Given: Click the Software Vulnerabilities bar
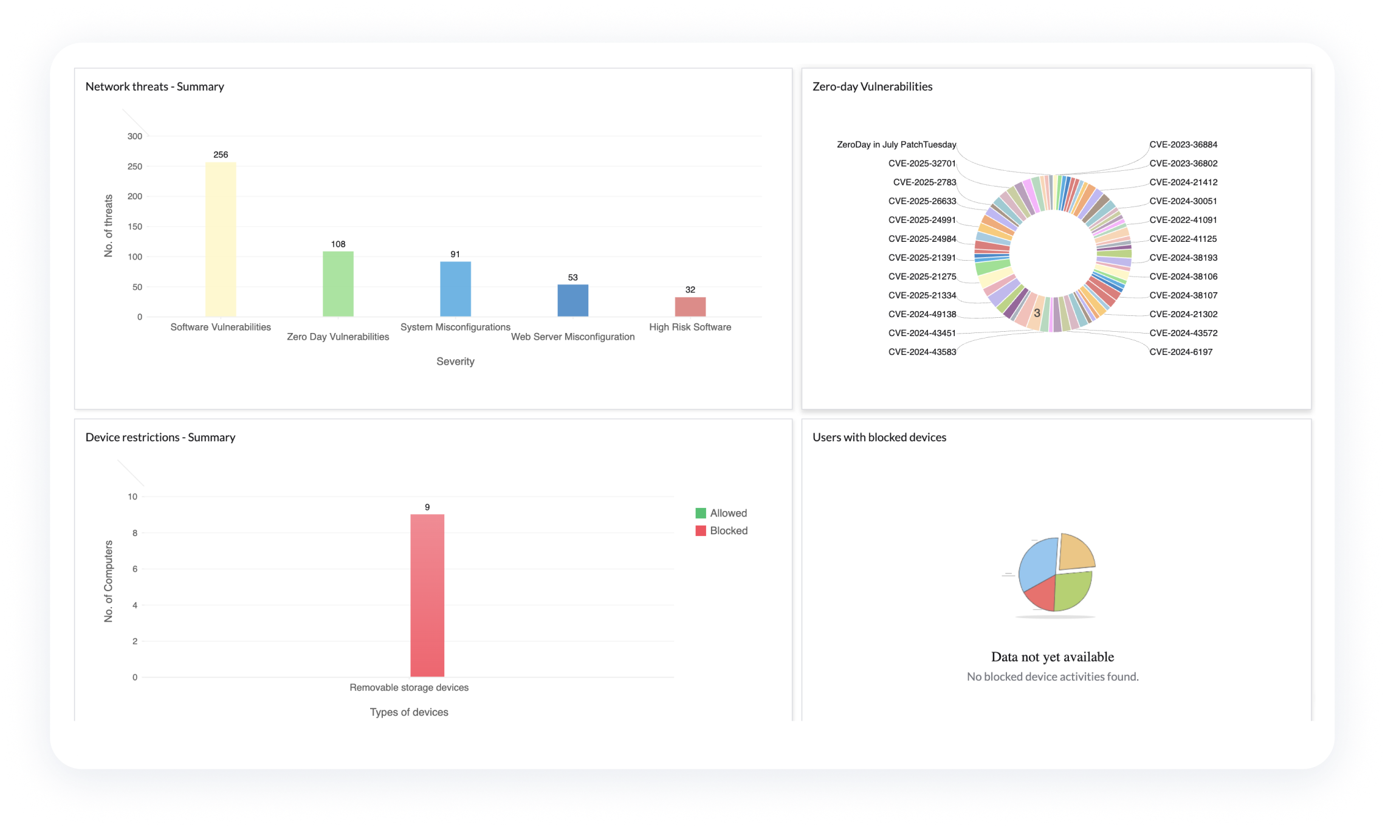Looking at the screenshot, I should point(221,239).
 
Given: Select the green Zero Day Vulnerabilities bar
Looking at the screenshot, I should point(338,284).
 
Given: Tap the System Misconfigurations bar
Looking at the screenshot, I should point(455,289).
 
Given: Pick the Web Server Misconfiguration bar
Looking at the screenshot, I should point(572,300).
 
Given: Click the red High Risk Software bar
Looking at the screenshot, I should point(690,306).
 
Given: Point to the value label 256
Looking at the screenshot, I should point(221,155).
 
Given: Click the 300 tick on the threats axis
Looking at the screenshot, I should point(135,136).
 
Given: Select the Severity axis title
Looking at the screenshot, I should point(455,362).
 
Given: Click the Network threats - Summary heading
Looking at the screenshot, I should point(155,86).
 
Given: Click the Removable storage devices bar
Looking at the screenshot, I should point(427,595).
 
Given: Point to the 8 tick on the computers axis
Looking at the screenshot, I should point(135,533).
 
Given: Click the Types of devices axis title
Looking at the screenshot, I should point(409,712).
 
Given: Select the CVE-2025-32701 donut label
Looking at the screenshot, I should point(922,163).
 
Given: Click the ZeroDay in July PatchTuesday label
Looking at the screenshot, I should point(896,145).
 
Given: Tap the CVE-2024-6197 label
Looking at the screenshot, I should point(1181,352).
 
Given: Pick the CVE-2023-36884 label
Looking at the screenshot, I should point(1183,145).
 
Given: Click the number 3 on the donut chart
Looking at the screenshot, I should point(1037,313).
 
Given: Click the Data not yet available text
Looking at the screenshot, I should point(1053,657).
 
